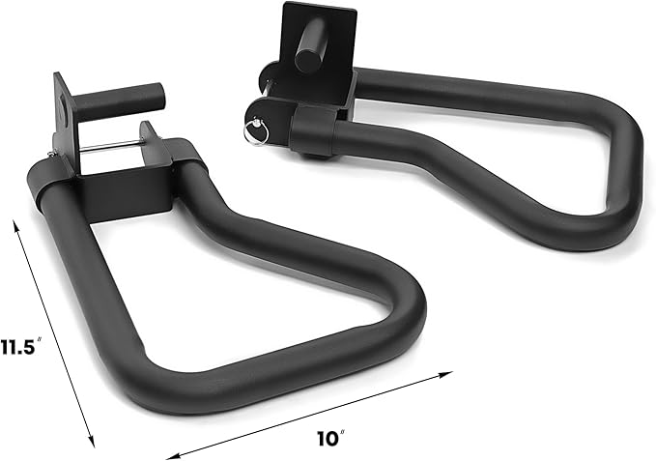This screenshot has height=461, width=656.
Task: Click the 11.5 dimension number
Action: (17, 347)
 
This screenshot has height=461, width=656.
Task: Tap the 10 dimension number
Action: (328, 439)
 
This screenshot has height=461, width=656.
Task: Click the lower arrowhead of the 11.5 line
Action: (92, 442)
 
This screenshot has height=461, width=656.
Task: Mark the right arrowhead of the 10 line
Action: (446, 374)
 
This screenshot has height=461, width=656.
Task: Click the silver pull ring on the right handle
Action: (256, 130)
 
